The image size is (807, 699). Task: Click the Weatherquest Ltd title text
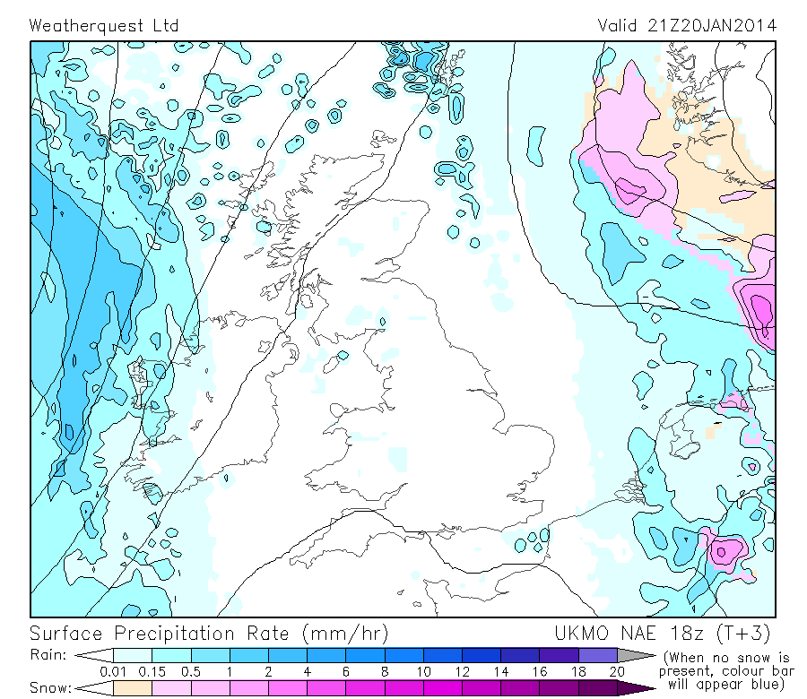(104, 25)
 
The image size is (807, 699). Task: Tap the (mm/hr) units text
(345, 634)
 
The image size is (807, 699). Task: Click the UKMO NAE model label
(597, 634)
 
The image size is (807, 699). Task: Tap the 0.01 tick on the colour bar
(113, 671)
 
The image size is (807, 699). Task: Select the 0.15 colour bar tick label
(152, 671)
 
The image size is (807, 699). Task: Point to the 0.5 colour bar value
(190, 671)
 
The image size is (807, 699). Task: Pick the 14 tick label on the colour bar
(500, 671)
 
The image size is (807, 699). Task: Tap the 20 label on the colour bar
(617, 671)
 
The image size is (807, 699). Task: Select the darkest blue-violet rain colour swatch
(597, 655)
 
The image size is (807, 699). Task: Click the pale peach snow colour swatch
(132, 687)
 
